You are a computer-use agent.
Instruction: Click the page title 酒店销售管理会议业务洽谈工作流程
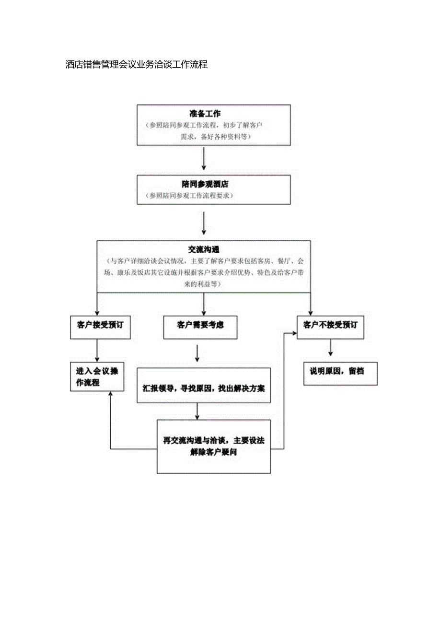click(137, 64)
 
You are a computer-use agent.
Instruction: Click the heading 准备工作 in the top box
click(205, 114)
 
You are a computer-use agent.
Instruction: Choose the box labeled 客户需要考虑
click(200, 325)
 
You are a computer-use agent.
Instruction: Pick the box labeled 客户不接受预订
click(330, 325)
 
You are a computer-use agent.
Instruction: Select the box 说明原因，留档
click(340, 371)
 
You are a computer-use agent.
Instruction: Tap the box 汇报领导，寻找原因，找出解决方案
click(204, 388)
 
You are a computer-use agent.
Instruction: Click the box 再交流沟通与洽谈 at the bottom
click(214, 446)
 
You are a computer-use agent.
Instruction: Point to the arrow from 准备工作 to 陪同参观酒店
click(204, 158)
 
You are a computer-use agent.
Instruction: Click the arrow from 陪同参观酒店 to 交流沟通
click(204, 224)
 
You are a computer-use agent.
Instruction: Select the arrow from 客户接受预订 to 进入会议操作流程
click(97, 350)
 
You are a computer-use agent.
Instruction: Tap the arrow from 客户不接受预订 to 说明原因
click(330, 348)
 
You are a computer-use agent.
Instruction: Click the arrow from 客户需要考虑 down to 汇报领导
click(197, 353)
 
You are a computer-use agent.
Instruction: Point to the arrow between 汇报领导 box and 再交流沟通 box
click(197, 412)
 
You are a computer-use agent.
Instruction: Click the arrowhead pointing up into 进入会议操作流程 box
click(111, 394)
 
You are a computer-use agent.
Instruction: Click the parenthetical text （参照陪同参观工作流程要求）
click(190, 196)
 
